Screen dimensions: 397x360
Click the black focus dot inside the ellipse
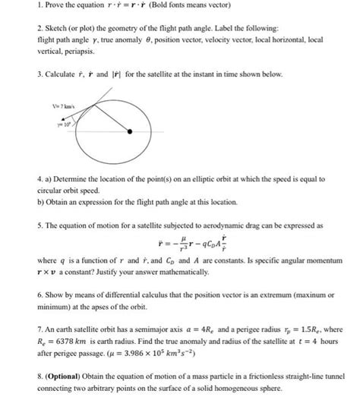click(131, 131)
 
